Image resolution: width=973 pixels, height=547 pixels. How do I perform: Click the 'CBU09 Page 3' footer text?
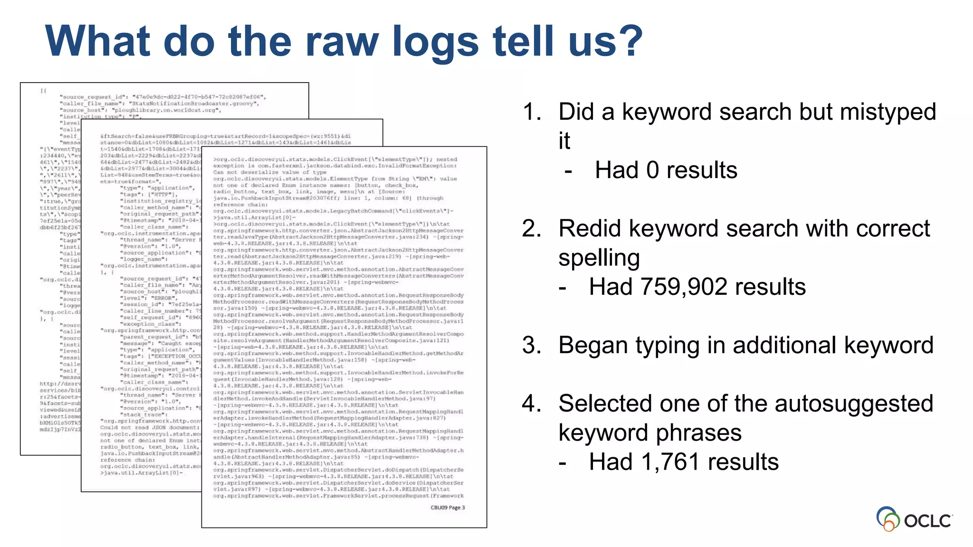coord(448,508)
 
